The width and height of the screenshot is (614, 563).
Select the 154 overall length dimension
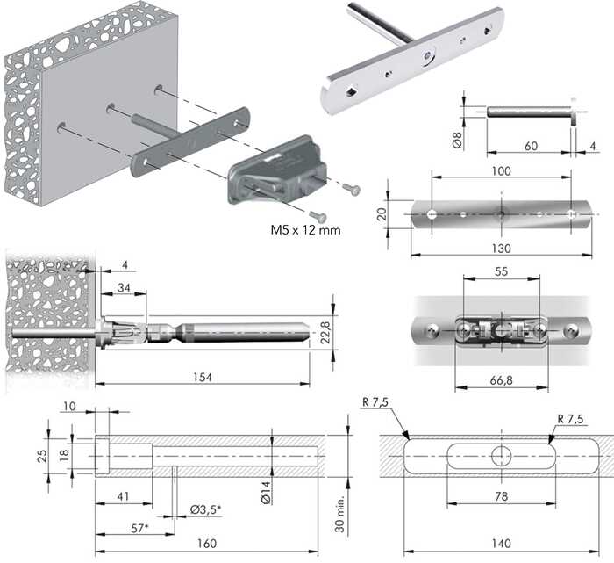click(x=203, y=377)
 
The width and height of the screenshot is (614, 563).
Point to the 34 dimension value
click(x=123, y=288)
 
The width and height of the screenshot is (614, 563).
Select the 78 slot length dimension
click(x=500, y=498)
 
